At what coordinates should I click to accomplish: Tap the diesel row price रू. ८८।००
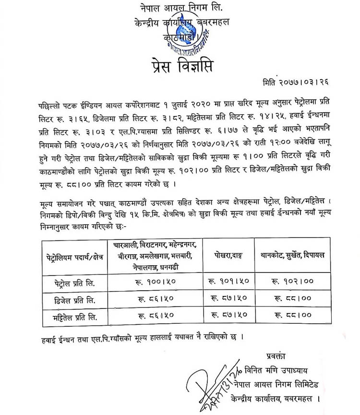click(292, 299)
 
